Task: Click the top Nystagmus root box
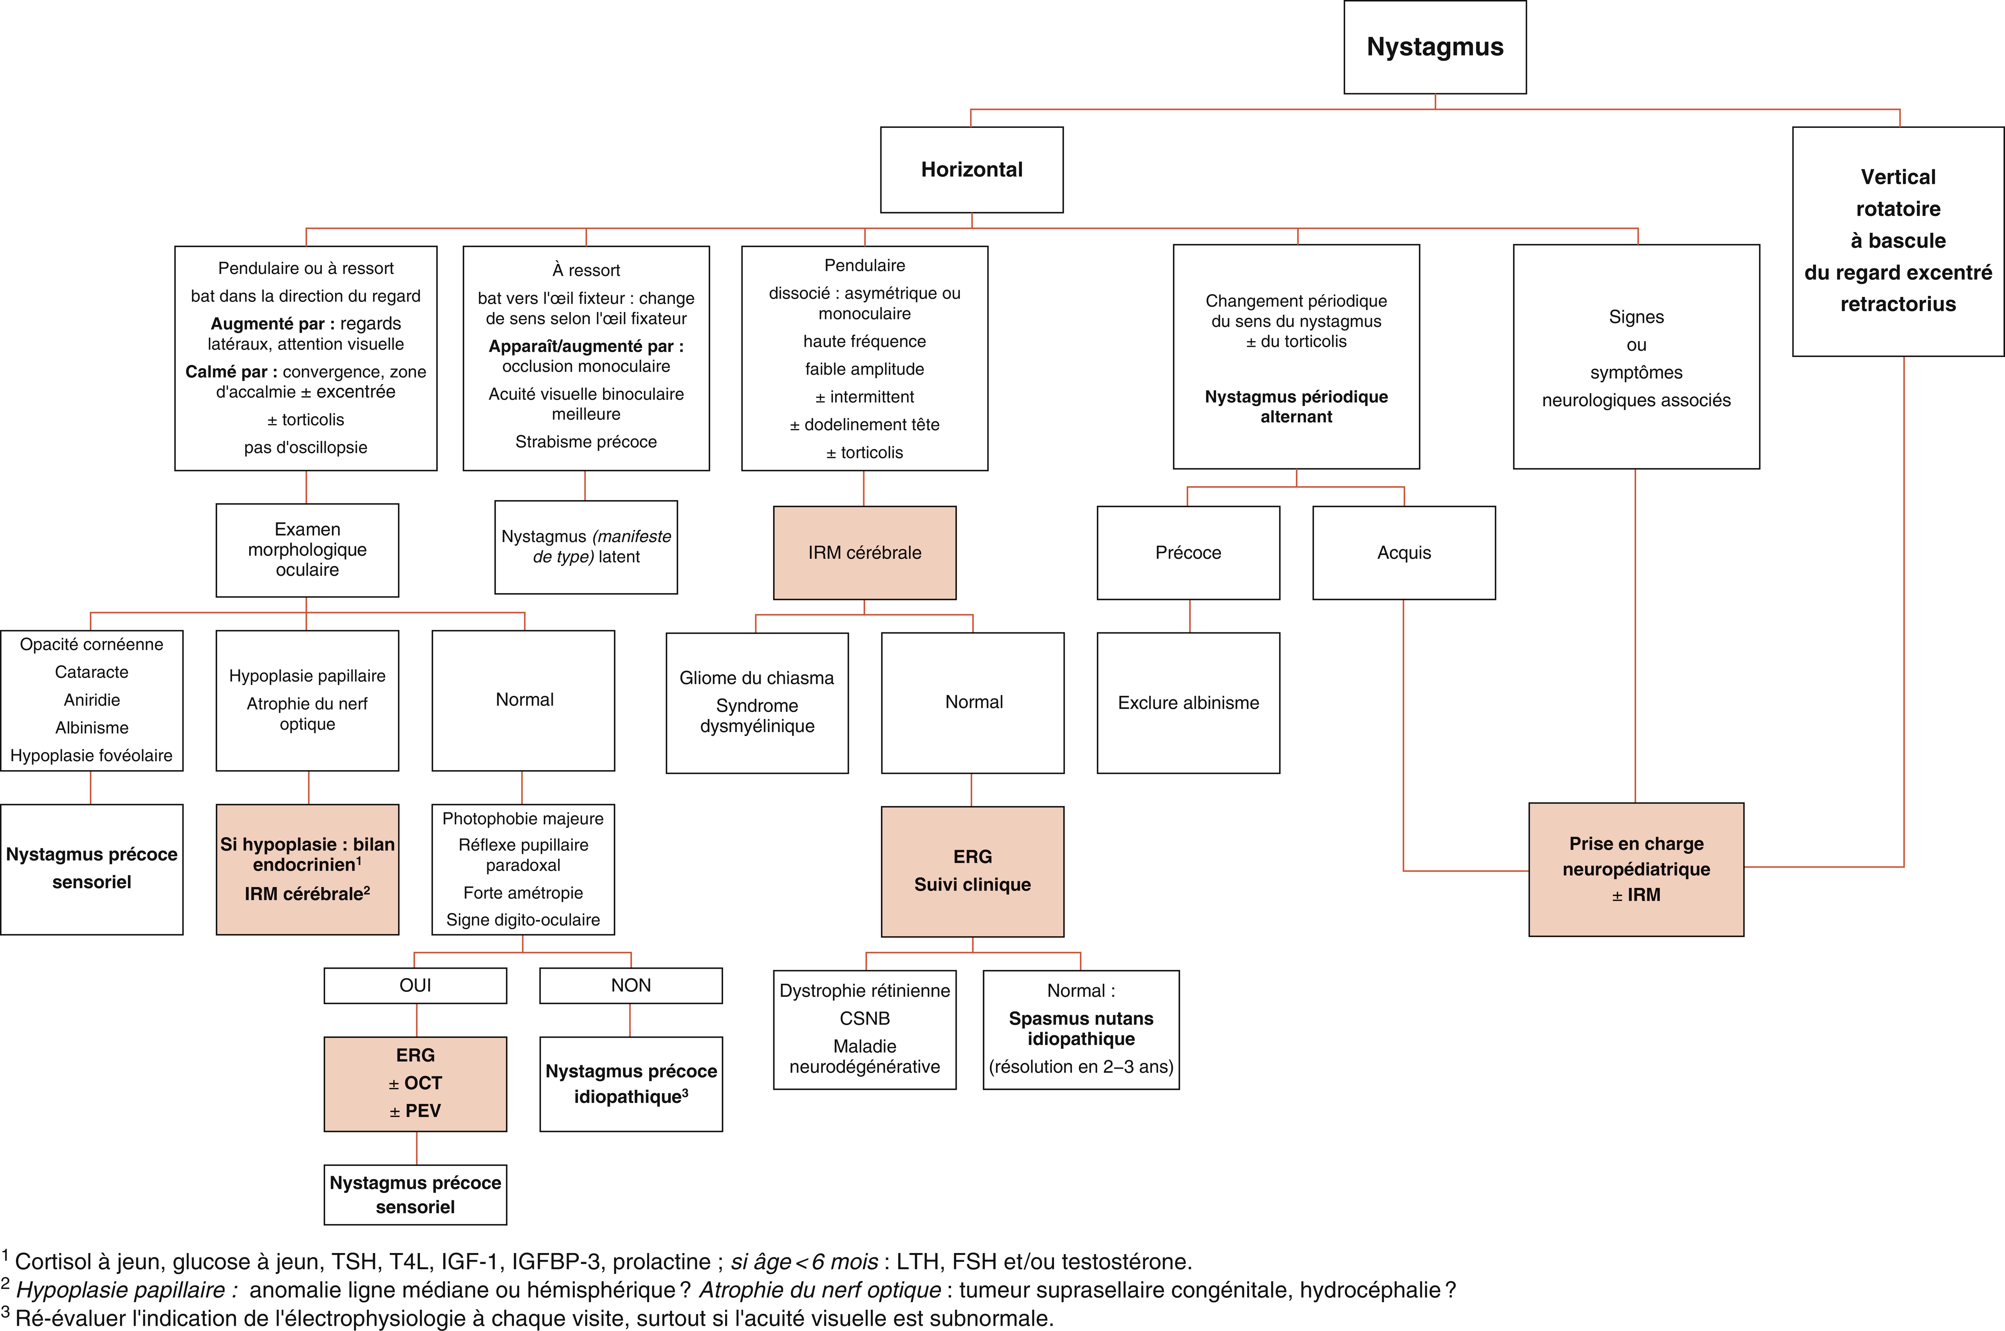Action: (x=1435, y=47)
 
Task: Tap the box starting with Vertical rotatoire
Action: (x=1898, y=241)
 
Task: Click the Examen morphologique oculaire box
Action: (x=307, y=550)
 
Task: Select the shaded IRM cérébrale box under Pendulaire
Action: (x=864, y=553)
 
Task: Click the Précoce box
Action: (x=1188, y=553)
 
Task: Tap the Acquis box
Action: (x=1404, y=553)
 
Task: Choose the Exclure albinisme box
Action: (x=1188, y=703)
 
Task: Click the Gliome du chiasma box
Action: (x=757, y=703)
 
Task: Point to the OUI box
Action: (x=415, y=985)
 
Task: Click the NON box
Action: (x=631, y=985)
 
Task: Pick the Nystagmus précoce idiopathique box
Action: (x=631, y=1084)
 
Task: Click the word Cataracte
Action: (x=92, y=672)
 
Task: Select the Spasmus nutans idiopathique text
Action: (x=1081, y=1029)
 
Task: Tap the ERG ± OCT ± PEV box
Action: (x=415, y=1084)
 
